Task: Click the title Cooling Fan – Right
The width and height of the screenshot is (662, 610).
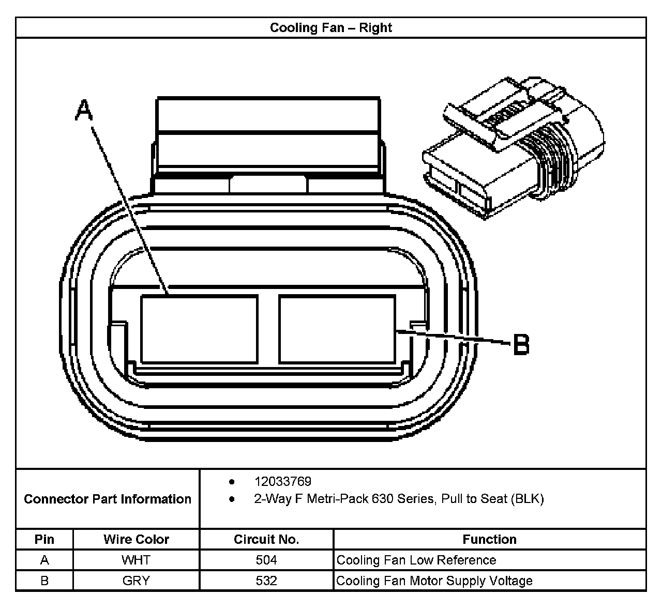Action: (x=330, y=27)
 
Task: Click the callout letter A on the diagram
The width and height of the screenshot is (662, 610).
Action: (x=84, y=111)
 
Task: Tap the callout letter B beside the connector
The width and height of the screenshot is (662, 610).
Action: (x=521, y=344)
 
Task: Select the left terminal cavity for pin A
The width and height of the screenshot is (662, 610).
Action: (x=199, y=329)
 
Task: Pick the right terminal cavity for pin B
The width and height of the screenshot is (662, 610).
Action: (x=337, y=329)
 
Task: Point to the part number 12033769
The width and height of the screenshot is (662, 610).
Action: (x=282, y=482)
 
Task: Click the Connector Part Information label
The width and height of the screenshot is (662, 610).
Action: (x=108, y=499)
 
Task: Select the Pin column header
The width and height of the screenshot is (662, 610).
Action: (x=44, y=539)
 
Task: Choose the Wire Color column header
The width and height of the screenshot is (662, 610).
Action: (x=136, y=539)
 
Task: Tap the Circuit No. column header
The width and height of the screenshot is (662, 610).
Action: (x=266, y=539)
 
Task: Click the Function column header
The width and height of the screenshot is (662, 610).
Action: (x=489, y=539)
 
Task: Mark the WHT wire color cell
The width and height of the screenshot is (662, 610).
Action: (x=136, y=560)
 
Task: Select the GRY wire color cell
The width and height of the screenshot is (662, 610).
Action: (x=136, y=581)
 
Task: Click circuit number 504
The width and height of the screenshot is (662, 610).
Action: (x=266, y=560)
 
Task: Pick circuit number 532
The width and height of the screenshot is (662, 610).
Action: (x=266, y=581)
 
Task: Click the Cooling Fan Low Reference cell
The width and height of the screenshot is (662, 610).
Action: (x=416, y=560)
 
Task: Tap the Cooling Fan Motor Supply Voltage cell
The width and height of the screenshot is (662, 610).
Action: (x=434, y=581)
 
